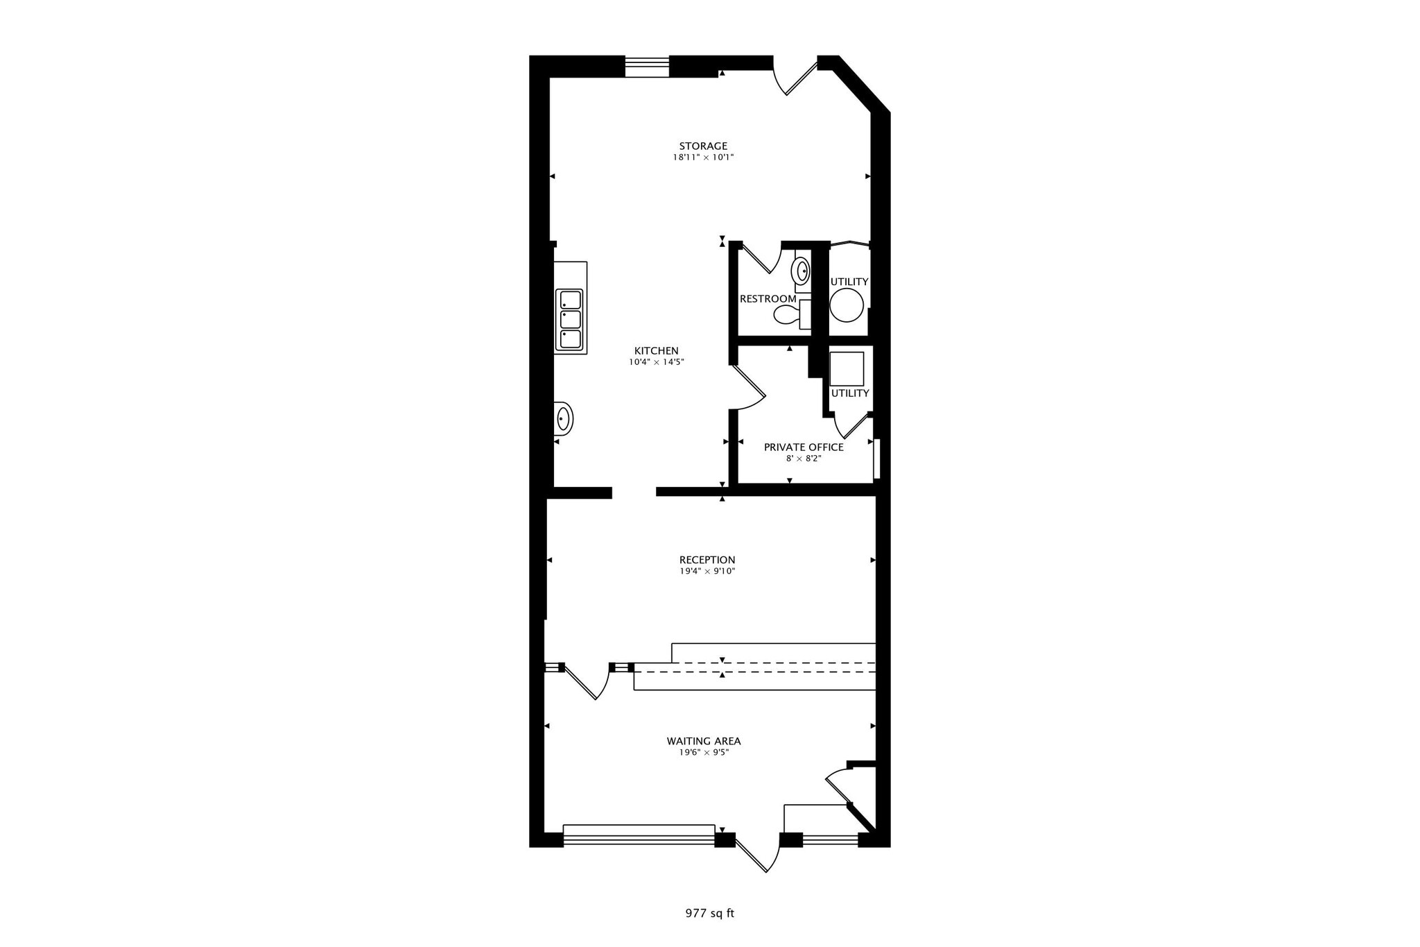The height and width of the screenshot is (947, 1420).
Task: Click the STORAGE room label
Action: coord(703,146)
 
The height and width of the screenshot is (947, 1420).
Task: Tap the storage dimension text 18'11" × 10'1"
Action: coord(703,157)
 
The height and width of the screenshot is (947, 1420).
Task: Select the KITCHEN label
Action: coord(656,351)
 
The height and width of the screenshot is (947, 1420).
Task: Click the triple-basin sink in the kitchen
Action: coord(570,319)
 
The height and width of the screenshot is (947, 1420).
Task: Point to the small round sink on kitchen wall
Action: coord(564,419)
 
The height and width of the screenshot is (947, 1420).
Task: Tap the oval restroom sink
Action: coord(802,270)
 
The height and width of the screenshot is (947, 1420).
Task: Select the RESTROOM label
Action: coord(768,299)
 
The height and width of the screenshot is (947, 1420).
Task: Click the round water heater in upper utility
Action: coord(847,305)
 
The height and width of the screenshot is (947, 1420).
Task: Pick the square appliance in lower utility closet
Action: coord(847,369)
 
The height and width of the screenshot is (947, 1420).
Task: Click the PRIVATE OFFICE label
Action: coord(804,447)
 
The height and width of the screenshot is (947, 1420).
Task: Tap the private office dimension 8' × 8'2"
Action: coord(804,459)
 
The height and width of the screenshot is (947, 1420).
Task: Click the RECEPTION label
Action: coord(707,560)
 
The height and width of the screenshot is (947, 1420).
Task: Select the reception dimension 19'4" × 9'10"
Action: coord(707,572)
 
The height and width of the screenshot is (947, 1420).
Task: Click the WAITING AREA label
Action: coord(704,741)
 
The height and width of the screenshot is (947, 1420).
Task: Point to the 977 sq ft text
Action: coord(709,913)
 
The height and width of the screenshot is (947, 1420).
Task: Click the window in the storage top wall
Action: coord(647,67)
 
